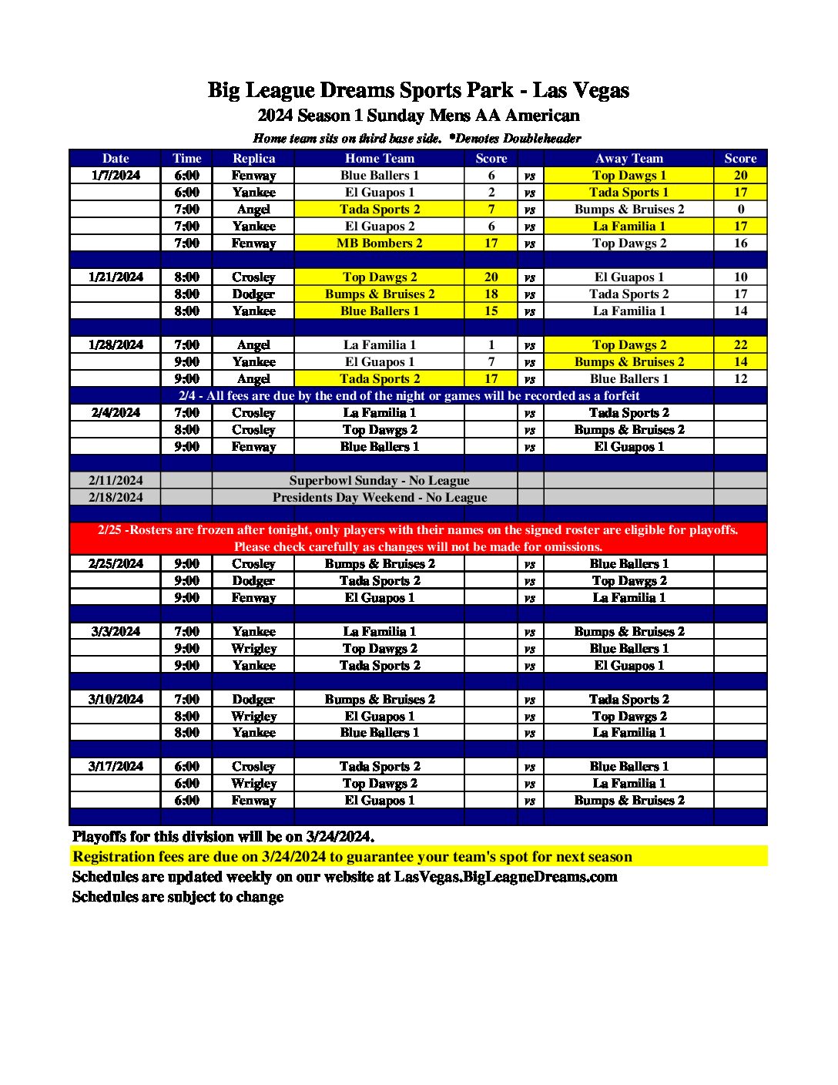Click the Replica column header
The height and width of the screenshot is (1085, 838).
coord(253,158)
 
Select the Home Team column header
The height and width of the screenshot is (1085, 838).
coord(379,158)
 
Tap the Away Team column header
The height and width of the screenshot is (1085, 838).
coord(628,158)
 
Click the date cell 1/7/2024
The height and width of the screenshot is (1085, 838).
coord(116,175)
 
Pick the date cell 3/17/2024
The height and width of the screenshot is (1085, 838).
coord(116,766)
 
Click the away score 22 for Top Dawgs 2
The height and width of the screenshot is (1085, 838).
coord(740,344)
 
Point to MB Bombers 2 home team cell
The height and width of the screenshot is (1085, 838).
coord(379,243)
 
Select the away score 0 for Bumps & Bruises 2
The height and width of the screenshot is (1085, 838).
coord(740,209)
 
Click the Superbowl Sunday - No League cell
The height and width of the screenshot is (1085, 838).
coord(379,480)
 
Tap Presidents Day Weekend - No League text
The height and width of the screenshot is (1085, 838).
coord(379,497)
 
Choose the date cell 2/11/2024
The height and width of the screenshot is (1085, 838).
coord(116,480)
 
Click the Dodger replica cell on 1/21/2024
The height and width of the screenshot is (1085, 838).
coord(253,294)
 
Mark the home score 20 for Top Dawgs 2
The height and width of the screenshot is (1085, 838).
coord(491,277)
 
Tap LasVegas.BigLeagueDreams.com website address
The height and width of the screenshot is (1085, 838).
coord(505,877)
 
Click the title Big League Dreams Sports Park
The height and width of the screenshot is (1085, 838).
coord(360,90)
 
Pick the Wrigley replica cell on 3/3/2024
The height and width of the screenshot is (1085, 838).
coord(253,648)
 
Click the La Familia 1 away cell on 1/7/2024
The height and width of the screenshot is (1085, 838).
coord(628,226)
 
